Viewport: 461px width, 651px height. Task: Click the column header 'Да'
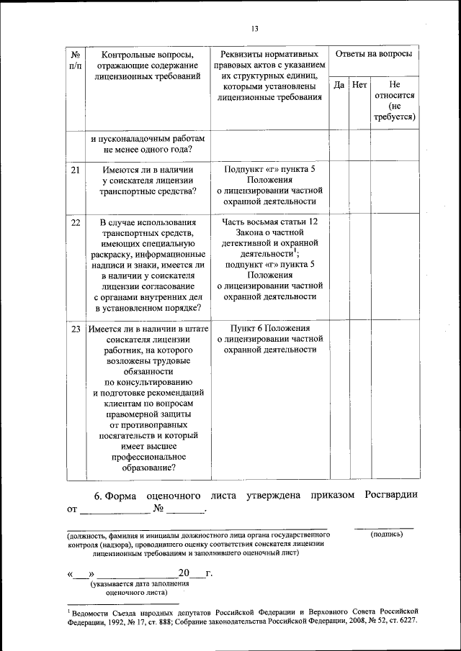339,85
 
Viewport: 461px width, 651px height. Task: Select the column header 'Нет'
360,85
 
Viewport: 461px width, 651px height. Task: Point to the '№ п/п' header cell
76,60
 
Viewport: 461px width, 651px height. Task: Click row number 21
76,170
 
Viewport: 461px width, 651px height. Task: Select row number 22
76,222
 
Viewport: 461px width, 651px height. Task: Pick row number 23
76,329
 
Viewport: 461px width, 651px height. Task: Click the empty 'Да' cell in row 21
339,187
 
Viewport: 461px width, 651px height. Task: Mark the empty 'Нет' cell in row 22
360,266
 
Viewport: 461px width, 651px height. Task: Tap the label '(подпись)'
387,534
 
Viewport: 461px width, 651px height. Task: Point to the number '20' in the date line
184,573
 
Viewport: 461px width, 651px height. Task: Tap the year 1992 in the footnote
117,621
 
